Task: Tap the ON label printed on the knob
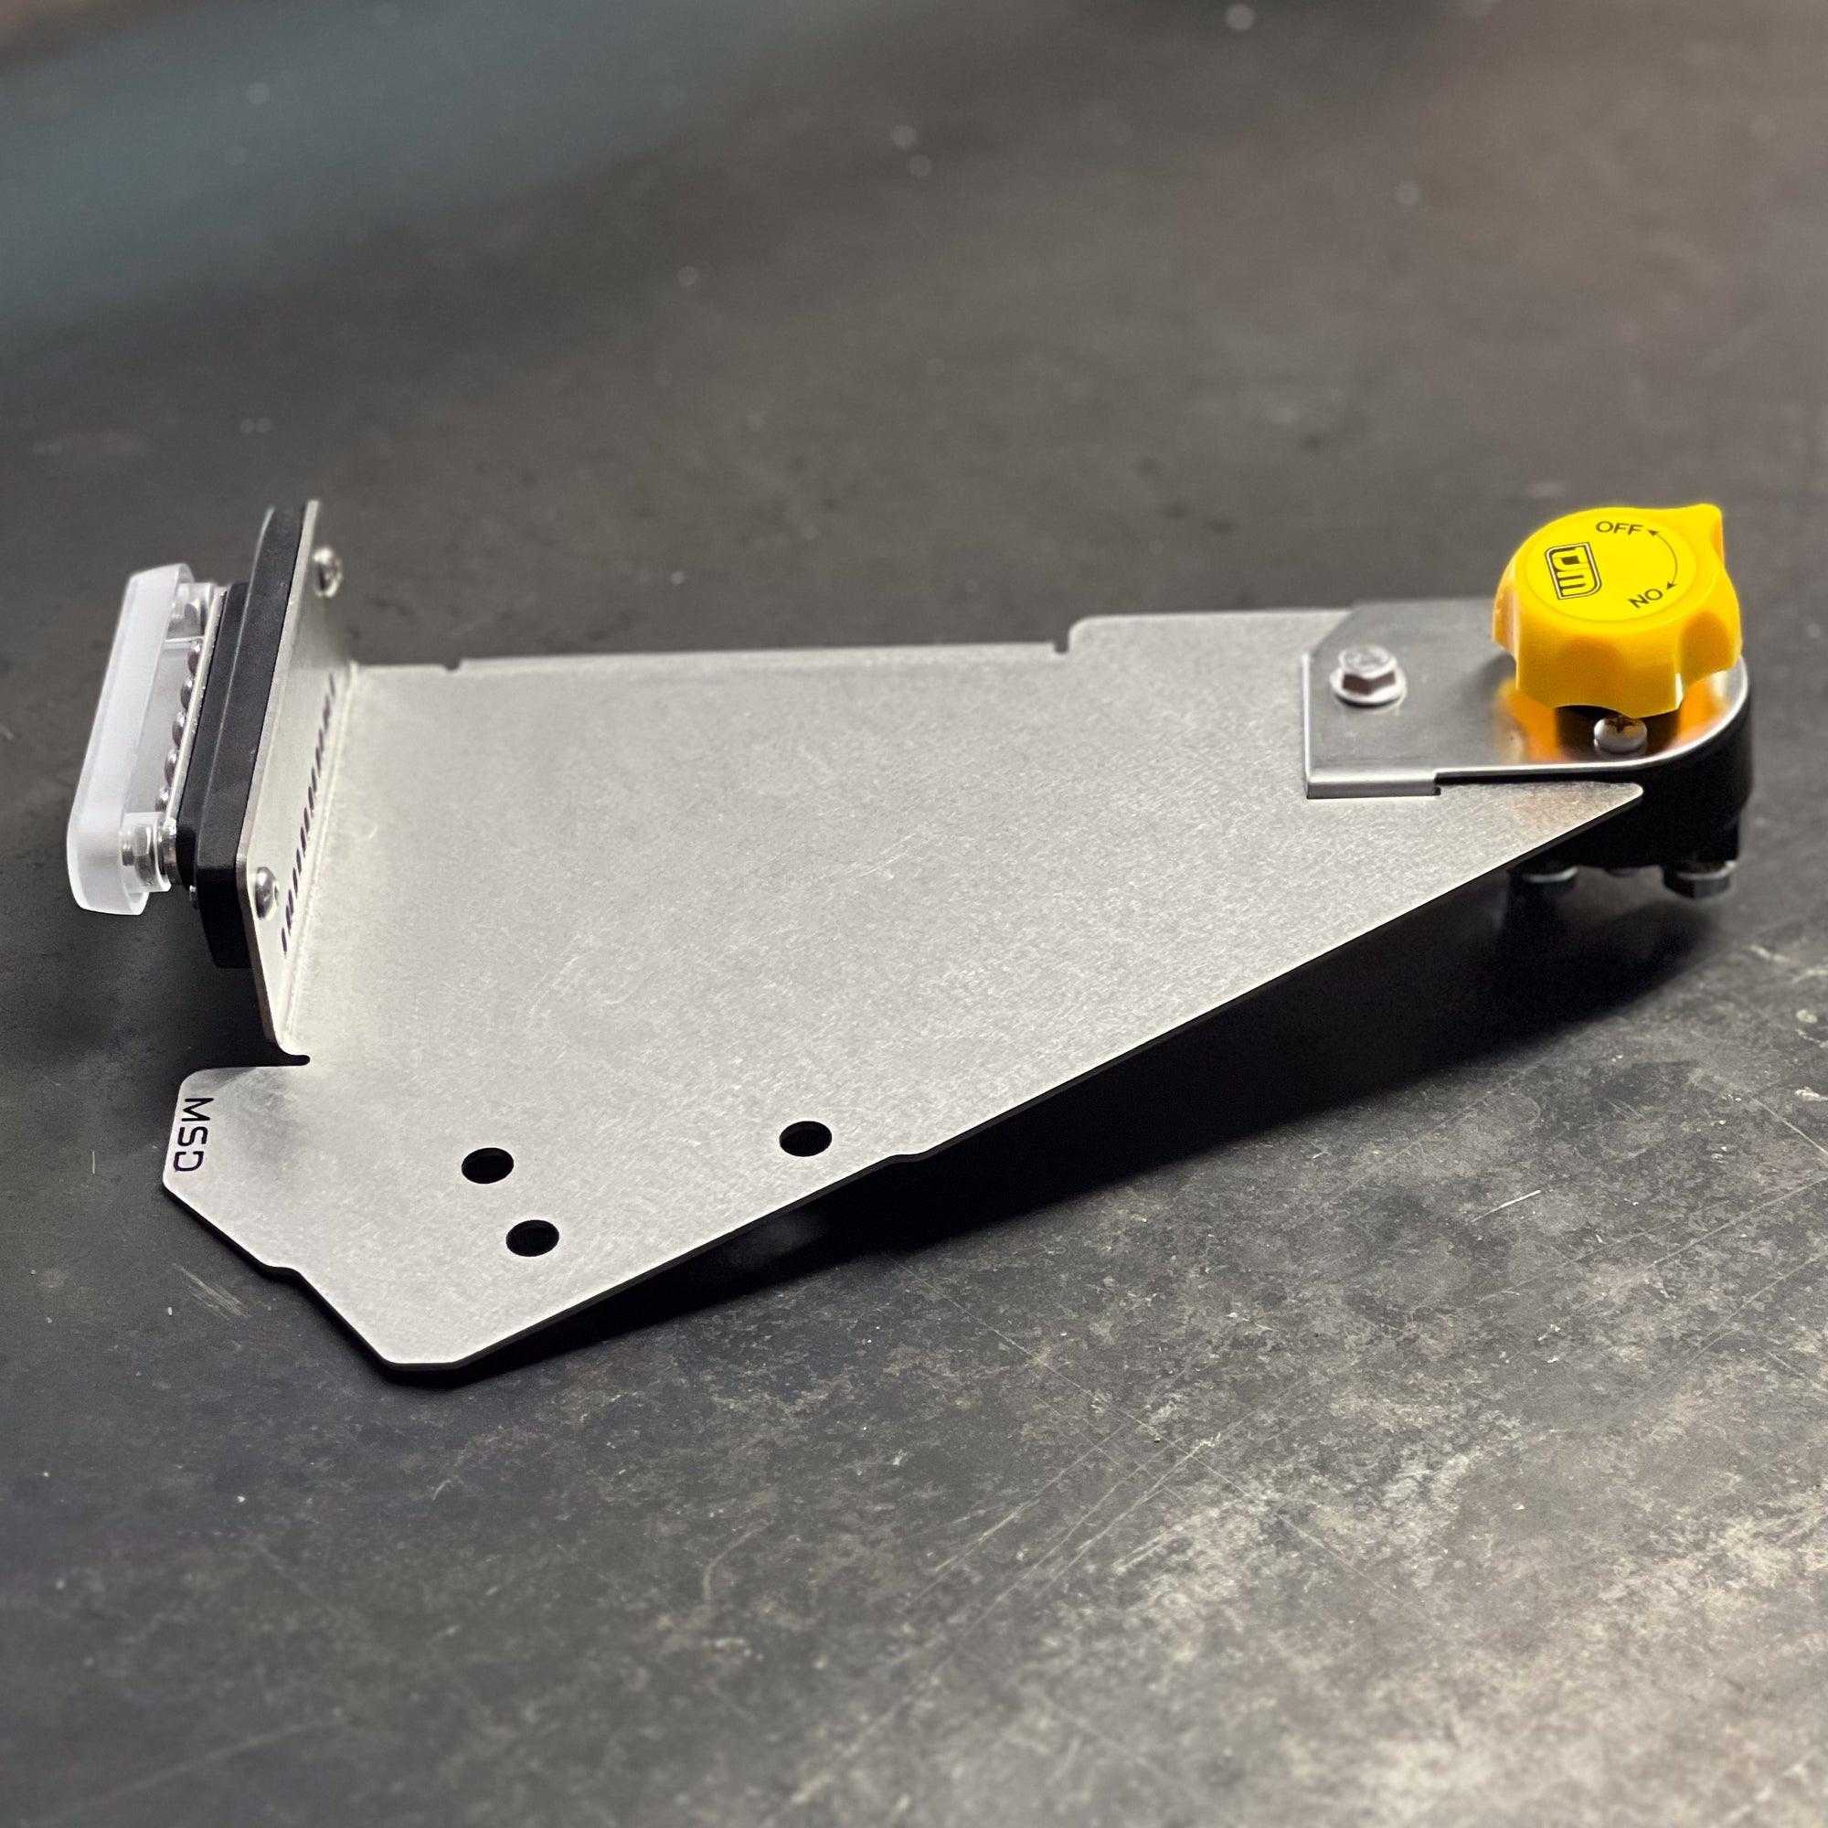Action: coord(1646,596)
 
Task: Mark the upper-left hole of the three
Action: coord(487,1163)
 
